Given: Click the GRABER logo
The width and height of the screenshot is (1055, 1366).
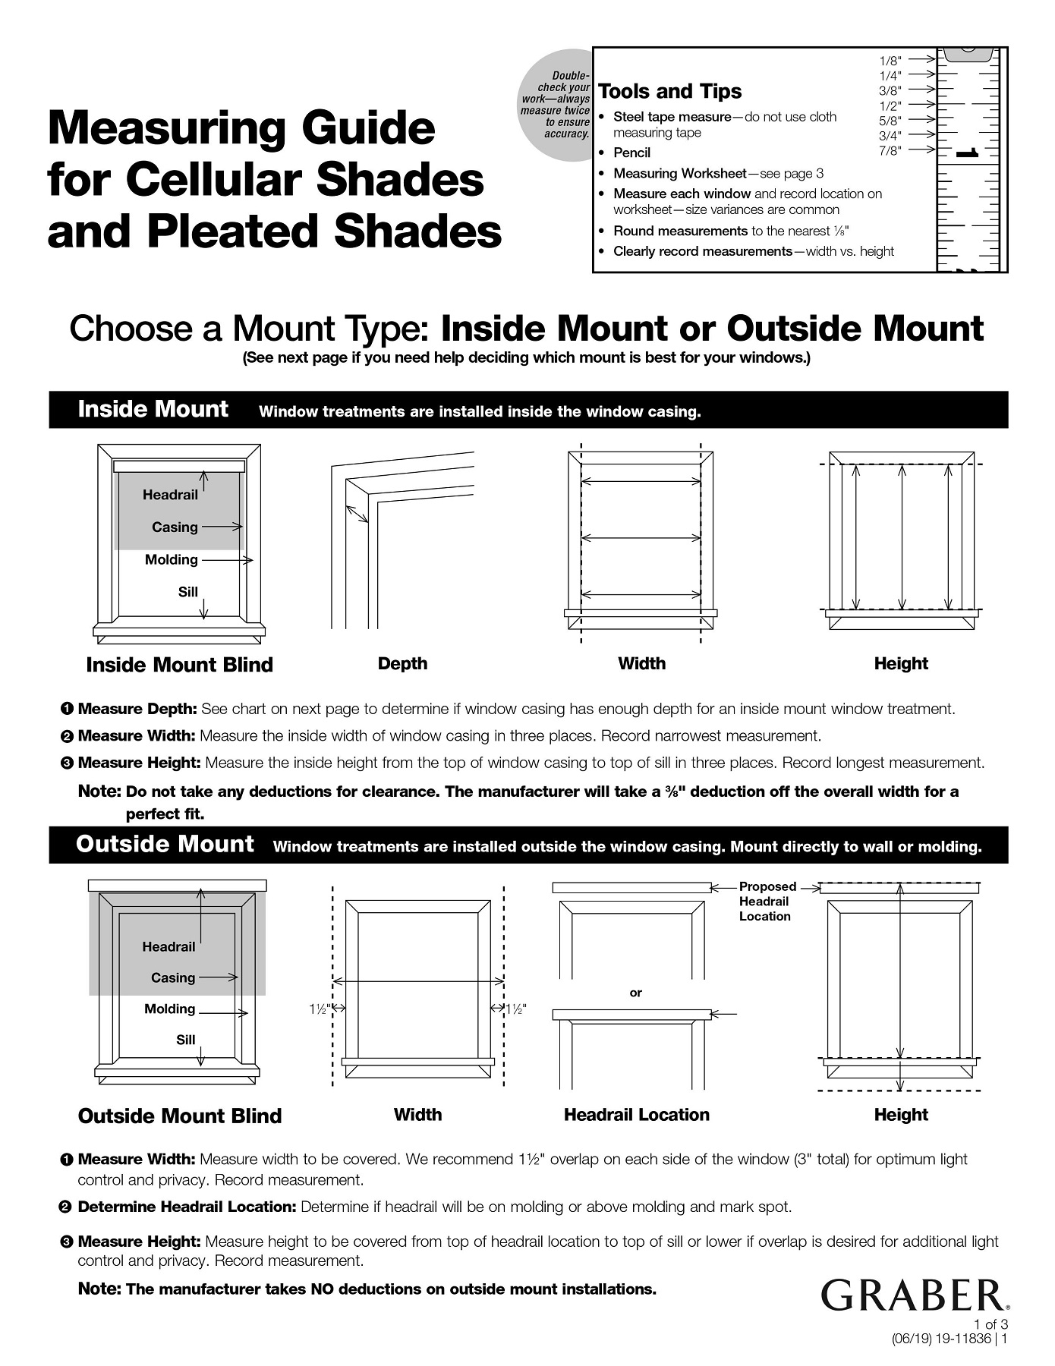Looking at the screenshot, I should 915,1296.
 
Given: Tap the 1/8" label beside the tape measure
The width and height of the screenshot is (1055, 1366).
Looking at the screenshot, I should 890,60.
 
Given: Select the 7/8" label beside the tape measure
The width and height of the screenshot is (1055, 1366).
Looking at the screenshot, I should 890,150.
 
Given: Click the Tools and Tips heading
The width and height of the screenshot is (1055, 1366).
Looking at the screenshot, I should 669,92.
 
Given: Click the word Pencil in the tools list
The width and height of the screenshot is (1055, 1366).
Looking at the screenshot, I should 631,153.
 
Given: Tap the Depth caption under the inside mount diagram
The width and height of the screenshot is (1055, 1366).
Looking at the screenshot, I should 402,664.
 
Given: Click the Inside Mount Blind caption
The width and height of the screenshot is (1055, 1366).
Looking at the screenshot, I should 179,665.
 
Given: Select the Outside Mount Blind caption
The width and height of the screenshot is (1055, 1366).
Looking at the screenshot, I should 179,1116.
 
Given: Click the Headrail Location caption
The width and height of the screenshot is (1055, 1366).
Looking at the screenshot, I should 636,1115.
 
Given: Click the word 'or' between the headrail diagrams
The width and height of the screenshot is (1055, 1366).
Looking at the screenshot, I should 636,993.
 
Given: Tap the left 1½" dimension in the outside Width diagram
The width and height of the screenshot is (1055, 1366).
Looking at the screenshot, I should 317,1009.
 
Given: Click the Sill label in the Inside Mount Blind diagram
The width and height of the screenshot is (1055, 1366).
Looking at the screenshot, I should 187,592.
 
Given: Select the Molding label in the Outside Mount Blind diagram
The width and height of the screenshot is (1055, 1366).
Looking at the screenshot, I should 170,1009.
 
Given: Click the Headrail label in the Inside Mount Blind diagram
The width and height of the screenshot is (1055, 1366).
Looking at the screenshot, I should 170,495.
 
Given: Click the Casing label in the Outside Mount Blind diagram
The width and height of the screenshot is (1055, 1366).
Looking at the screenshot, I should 173,977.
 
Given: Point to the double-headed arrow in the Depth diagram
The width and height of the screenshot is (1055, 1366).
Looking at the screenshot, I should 357,514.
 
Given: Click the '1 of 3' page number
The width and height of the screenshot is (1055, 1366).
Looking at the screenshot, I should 990,1324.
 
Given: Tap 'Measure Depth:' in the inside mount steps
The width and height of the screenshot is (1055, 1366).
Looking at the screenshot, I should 137,709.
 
